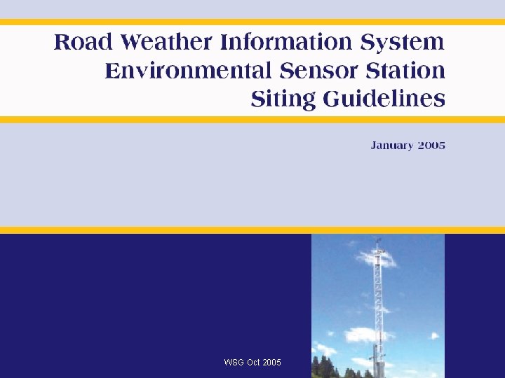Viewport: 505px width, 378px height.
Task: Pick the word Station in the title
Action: coord(408,71)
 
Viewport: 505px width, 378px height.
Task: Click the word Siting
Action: coord(283,99)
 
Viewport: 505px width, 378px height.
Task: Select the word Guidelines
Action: coord(384,99)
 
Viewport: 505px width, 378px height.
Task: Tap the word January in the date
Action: coord(392,146)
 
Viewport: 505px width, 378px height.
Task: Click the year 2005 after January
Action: coord(431,146)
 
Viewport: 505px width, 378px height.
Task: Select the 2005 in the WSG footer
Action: coord(272,362)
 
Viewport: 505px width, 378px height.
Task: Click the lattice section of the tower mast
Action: coord(378,301)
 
